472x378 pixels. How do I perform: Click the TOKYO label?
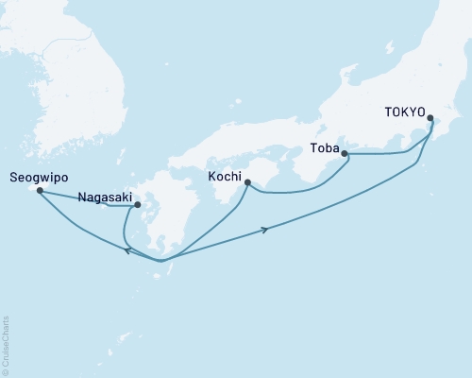pyautogui.click(x=404, y=110)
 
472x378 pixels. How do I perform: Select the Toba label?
pyautogui.click(x=325, y=147)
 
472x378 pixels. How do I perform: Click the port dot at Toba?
pyautogui.click(x=344, y=153)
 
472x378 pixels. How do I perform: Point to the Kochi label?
pyautogui.click(x=224, y=176)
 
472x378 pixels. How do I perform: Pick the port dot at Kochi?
pyautogui.click(x=246, y=184)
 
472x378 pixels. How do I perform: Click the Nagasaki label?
pyautogui.click(x=103, y=198)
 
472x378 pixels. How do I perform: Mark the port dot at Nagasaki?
pyautogui.click(x=138, y=204)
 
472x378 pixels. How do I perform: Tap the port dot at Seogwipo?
pyautogui.click(x=40, y=191)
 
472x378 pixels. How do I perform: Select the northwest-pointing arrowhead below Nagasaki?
pyautogui.click(x=127, y=249)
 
